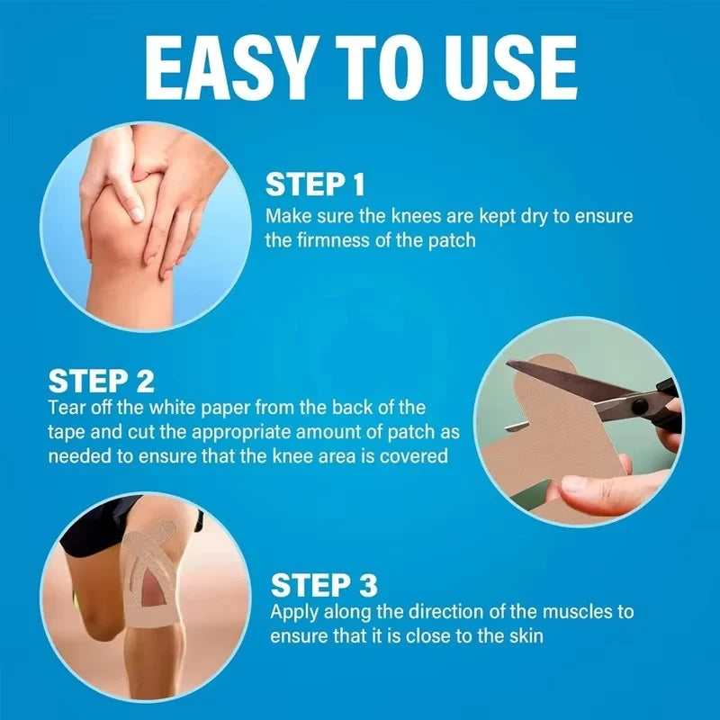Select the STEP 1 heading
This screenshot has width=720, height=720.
click(315, 184)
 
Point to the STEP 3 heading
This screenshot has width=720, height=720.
click(324, 584)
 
